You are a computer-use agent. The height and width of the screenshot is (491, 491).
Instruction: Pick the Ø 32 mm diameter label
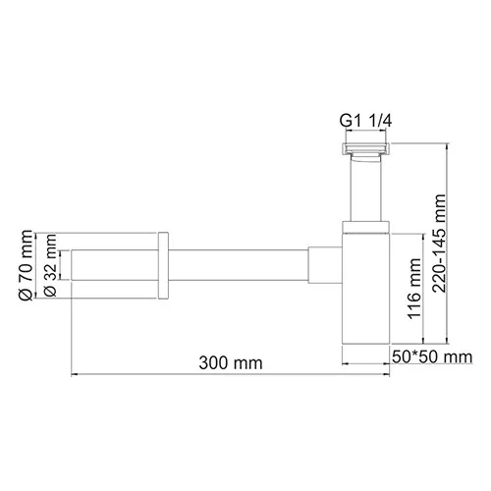click(x=50, y=265)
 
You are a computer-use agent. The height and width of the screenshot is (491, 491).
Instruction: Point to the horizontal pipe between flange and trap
click(x=241, y=265)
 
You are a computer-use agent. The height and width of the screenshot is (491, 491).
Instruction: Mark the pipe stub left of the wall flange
click(x=113, y=265)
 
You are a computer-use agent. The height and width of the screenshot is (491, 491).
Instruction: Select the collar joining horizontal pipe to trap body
click(x=324, y=265)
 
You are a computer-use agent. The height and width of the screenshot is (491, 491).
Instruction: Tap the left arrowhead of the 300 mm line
click(x=75, y=373)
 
